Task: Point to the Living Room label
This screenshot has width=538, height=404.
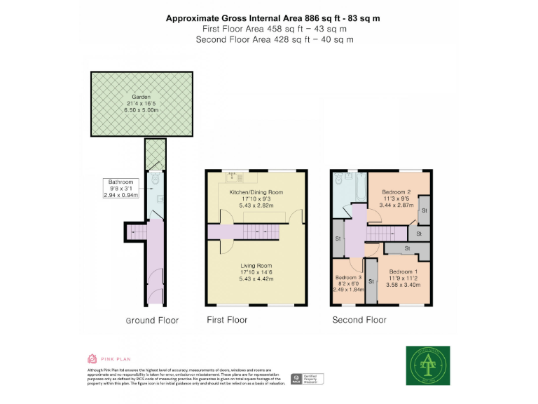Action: point(256,266)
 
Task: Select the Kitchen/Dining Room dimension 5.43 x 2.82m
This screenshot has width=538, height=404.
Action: point(256,206)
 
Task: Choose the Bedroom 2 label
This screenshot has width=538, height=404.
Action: point(396,191)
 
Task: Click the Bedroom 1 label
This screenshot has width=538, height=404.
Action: point(403,271)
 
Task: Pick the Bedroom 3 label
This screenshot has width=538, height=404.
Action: point(347,277)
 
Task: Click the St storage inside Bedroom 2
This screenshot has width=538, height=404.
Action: point(424,210)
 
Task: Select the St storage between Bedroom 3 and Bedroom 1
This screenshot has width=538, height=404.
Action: point(371,281)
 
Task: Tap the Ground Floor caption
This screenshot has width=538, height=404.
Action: point(152,321)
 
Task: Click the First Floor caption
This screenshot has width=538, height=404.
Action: point(227,320)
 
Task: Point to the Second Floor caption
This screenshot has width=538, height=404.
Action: point(359,320)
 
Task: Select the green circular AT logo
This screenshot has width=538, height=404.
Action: point(428,365)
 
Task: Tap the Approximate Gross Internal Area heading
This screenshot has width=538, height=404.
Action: point(273,18)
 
